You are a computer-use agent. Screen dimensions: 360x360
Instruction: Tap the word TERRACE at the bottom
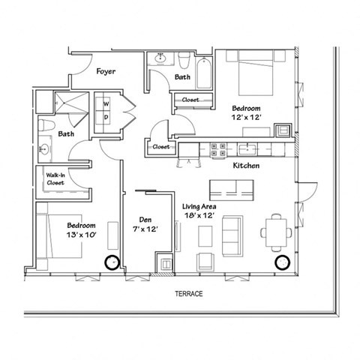coord(188,294)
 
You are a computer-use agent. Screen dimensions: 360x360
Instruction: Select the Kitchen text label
coord(245,165)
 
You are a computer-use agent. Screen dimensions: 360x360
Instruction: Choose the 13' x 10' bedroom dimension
coord(80,234)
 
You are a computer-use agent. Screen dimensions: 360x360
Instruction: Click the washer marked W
coord(106,103)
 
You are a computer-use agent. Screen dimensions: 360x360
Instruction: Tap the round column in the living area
coord(282,262)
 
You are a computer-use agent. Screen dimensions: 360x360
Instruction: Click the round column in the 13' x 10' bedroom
coord(112,262)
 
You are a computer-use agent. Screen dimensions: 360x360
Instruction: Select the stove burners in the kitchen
coord(219,149)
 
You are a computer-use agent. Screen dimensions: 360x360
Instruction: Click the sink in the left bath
coord(44,150)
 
